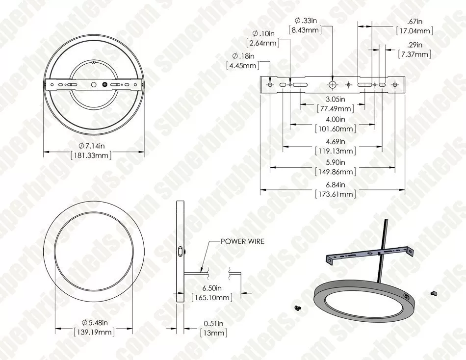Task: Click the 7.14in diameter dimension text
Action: click(92, 146)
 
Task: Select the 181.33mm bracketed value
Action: click(91, 155)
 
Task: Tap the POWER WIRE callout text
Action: click(242, 241)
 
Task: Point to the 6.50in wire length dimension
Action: click(212, 288)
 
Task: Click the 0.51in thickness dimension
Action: click(214, 323)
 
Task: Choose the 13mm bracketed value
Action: click(214, 333)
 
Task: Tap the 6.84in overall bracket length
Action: click(336, 184)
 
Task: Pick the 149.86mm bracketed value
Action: click(336, 172)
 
